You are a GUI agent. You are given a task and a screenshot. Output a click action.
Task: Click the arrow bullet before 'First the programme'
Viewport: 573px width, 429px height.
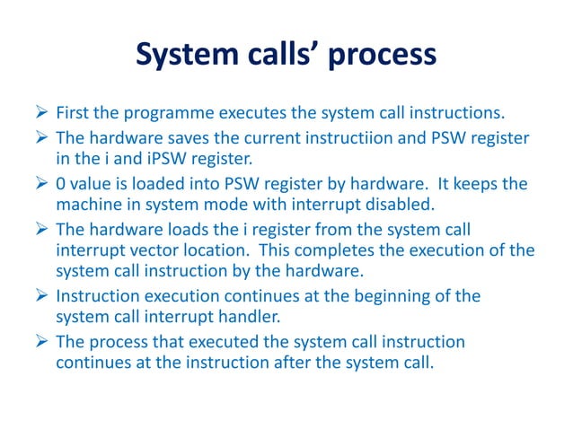[40, 114]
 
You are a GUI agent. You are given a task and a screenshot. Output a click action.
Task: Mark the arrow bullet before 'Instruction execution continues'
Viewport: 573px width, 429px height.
[40, 295]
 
